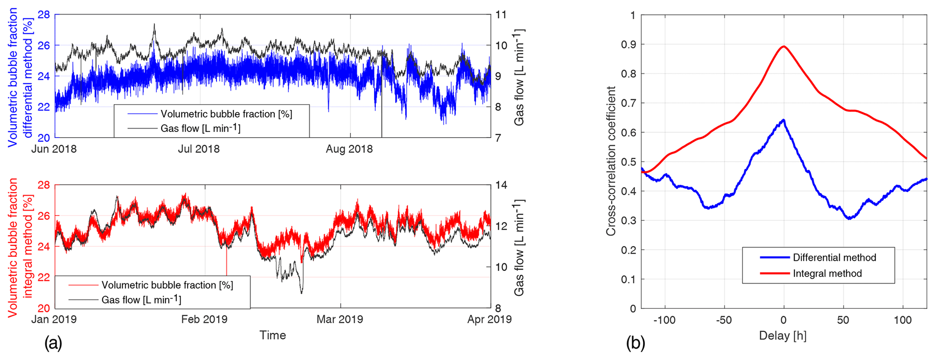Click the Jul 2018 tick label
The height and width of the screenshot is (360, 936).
click(x=198, y=149)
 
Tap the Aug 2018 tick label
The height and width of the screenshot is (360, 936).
click(x=349, y=149)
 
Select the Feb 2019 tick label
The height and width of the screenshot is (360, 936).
click(x=204, y=319)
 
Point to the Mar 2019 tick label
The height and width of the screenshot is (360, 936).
click(x=340, y=319)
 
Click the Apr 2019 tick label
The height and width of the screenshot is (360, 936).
click(x=490, y=319)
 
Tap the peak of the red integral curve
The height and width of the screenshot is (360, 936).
click(x=783, y=46)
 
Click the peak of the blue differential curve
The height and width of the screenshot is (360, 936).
click(x=783, y=120)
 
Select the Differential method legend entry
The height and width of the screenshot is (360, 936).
click(x=834, y=258)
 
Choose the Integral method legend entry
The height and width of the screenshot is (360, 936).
click(x=827, y=274)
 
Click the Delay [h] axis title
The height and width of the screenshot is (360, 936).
click(x=783, y=336)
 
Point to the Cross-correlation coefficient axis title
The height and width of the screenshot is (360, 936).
click(x=611, y=161)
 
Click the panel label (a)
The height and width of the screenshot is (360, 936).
click(x=53, y=344)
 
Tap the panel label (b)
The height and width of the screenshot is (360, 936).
click(x=635, y=344)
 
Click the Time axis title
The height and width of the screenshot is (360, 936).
click(x=273, y=335)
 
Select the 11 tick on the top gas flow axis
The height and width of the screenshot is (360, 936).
click(x=500, y=15)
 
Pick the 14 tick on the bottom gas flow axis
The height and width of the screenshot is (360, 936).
click(x=500, y=185)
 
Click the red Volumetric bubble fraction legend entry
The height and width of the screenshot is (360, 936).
click(x=167, y=285)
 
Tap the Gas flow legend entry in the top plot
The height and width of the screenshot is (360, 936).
click(x=200, y=129)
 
